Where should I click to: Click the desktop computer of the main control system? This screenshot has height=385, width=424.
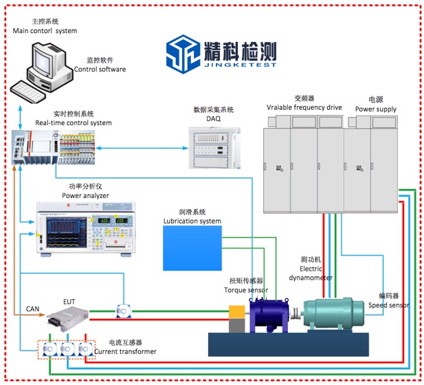pos(43,69)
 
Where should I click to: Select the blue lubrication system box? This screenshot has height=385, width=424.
pos(192,247)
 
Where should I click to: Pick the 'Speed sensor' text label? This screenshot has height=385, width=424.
pos(394,305)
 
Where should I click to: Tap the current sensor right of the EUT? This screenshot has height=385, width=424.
pos(123,313)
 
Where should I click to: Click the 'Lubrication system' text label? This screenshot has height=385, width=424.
pos(192,221)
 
